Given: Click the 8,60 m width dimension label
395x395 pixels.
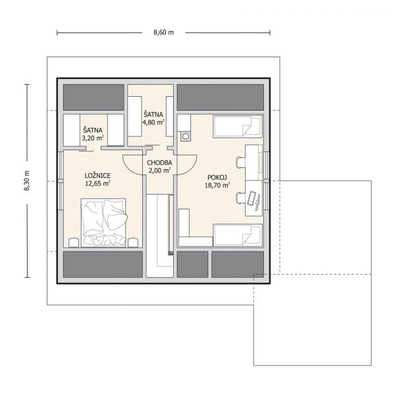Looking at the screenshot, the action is coord(164,32).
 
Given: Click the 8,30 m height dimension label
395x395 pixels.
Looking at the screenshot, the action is coord(27,180).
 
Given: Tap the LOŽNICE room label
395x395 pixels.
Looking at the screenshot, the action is coord(97,176).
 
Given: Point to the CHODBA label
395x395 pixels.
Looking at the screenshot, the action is coord(159,163).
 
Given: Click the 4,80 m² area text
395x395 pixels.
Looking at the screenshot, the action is coord(153,122).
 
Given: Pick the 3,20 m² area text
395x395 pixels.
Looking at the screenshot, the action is coord(93,138).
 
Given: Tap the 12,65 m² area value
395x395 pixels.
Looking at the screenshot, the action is coord(97,183).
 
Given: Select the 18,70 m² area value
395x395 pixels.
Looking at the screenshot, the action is coord(217,186).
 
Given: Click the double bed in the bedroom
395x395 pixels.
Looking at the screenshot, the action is coord(103,223).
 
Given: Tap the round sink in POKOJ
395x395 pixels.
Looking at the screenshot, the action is coord(186,136).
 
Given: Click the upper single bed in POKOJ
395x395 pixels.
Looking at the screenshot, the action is coord(238,126).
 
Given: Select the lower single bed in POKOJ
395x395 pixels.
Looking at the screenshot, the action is coord(238,235).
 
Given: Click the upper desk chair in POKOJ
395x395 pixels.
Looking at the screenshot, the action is coord(240,162).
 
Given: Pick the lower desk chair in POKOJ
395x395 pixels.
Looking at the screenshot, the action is coord(240,197).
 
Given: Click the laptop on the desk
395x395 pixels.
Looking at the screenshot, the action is coord(252,199).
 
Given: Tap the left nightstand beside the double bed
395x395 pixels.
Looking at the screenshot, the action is coord(74,242).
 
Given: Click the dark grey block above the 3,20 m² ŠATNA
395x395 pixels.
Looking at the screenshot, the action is coord(93,97).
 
